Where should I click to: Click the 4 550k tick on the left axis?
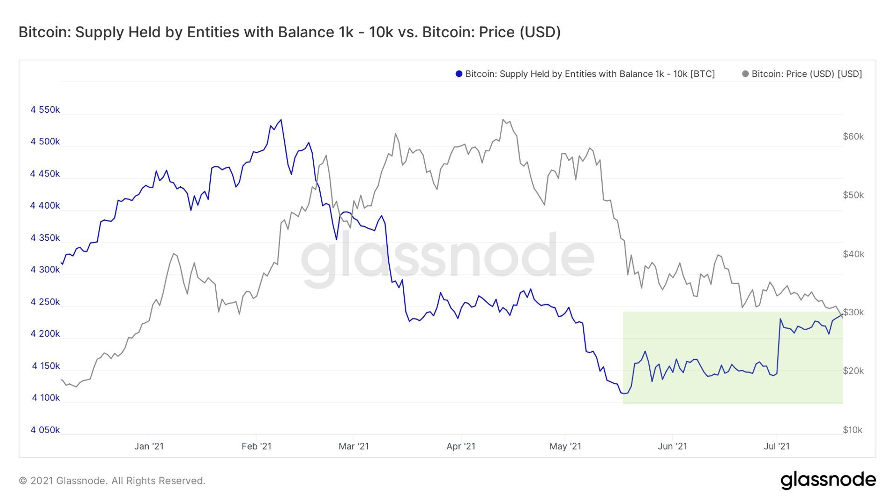(x=45, y=110)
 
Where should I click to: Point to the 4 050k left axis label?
(x=45, y=430)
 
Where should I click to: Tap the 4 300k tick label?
(x=45, y=270)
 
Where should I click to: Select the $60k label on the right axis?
(x=853, y=136)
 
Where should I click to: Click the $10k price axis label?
(x=852, y=430)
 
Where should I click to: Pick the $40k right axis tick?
(x=853, y=254)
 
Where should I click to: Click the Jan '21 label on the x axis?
(x=149, y=446)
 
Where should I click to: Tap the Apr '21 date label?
(x=461, y=446)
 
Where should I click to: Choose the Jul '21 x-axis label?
(x=777, y=446)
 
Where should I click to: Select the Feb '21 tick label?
(x=256, y=446)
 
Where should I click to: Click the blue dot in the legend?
(x=459, y=74)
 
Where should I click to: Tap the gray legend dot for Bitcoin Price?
(x=745, y=74)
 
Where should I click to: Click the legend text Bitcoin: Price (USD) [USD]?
(x=806, y=74)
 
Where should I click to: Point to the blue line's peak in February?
(x=281, y=120)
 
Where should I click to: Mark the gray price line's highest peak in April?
(x=503, y=120)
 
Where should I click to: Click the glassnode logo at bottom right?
(x=828, y=480)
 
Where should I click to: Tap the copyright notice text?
(x=112, y=481)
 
